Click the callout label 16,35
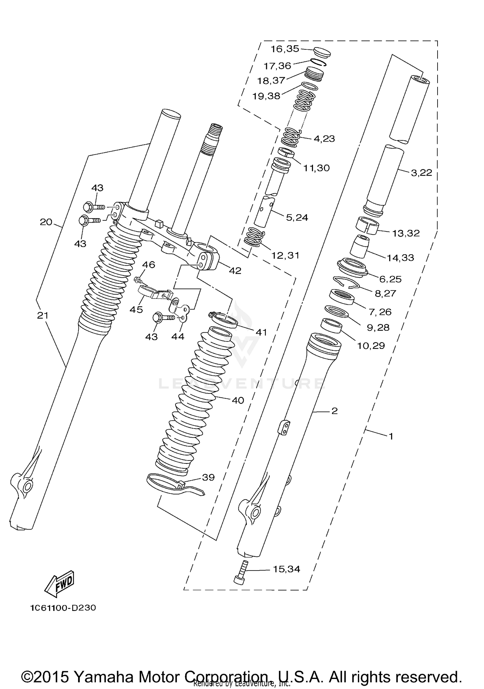coord(285,49)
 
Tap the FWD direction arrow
coord(59,584)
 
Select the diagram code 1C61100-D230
coord(63,608)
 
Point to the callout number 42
coord(235,271)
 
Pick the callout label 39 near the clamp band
coord(208,477)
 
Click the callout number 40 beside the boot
coord(238,400)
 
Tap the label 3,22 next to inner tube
coord(421,173)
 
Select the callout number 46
coord(148,265)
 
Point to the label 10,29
coord(371,346)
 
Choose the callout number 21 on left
coord(43,315)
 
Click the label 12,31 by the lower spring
coord(285,255)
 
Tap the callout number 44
coord(177,337)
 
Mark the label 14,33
coord(400,258)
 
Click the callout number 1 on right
coord(391,437)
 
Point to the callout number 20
coord(46,222)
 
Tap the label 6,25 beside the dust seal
coord(390,279)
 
